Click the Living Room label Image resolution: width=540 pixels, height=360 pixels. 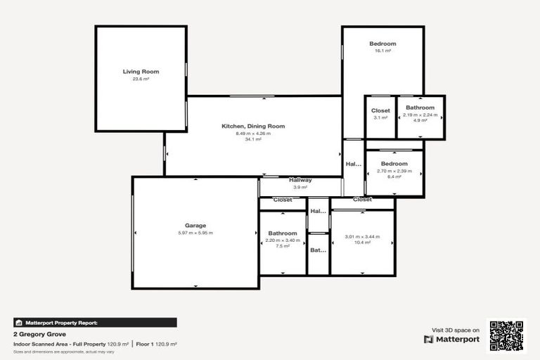pyautogui.click(x=141, y=72)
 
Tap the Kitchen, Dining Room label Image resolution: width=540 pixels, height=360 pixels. pyautogui.click(x=253, y=126)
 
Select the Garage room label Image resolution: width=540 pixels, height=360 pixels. pyautogui.click(x=195, y=226)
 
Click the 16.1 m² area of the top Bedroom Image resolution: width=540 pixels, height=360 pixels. pyautogui.click(x=382, y=51)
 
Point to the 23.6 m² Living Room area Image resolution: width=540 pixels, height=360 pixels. pyautogui.click(x=141, y=79)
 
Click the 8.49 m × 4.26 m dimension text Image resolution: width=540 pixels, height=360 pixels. pyautogui.click(x=253, y=133)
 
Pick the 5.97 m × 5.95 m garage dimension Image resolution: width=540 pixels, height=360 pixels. pyautogui.click(x=195, y=233)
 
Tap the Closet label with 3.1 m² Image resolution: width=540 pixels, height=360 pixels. pyautogui.click(x=380, y=110)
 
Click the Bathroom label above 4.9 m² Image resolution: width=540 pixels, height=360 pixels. pyautogui.click(x=420, y=108)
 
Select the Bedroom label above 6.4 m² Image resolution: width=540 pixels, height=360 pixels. pyautogui.click(x=394, y=164)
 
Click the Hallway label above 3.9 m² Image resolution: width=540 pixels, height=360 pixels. pyautogui.click(x=300, y=180)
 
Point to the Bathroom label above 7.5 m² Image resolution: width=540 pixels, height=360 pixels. pyautogui.click(x=283, y=233)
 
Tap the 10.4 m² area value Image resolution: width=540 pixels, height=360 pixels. pyautogui.click(x=362, y=243)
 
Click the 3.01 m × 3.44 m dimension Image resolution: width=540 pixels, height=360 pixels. pyautogui.click(x=362, y=236)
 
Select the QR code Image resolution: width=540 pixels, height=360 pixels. pyautogui.click(x=506, y=335)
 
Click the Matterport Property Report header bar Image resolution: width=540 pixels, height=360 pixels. pyautogui.click(x=95, y=323)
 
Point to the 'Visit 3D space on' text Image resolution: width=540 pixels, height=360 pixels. pyautogui.click(x=455, y=329)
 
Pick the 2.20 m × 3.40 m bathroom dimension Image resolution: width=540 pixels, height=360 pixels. pyautogui.click(x=283, y=240)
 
